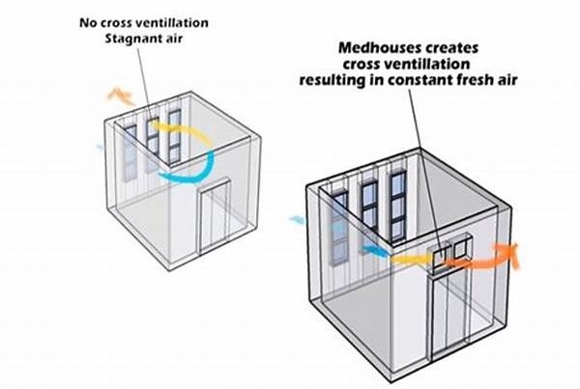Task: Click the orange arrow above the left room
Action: click(121, 95)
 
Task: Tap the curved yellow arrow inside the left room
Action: click(198, 136)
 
